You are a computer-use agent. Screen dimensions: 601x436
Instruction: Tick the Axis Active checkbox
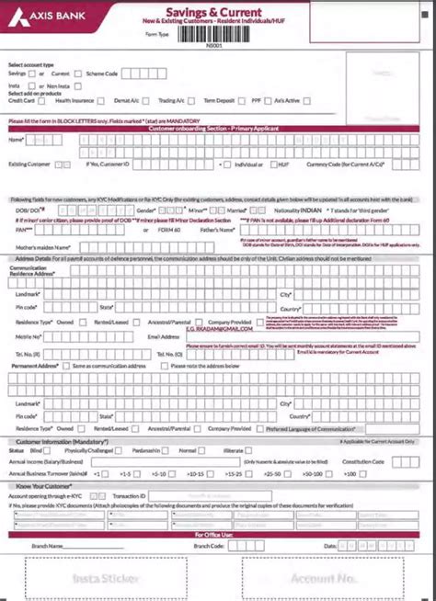[306, 102]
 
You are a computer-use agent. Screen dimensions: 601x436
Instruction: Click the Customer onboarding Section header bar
[218, 129]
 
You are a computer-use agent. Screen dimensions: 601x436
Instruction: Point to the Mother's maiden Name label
[37, 248]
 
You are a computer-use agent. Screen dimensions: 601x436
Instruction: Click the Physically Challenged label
[88, 451]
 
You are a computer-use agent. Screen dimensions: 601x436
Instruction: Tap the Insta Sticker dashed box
[106, 578]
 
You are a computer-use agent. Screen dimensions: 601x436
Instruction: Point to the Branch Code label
[210, 545]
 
